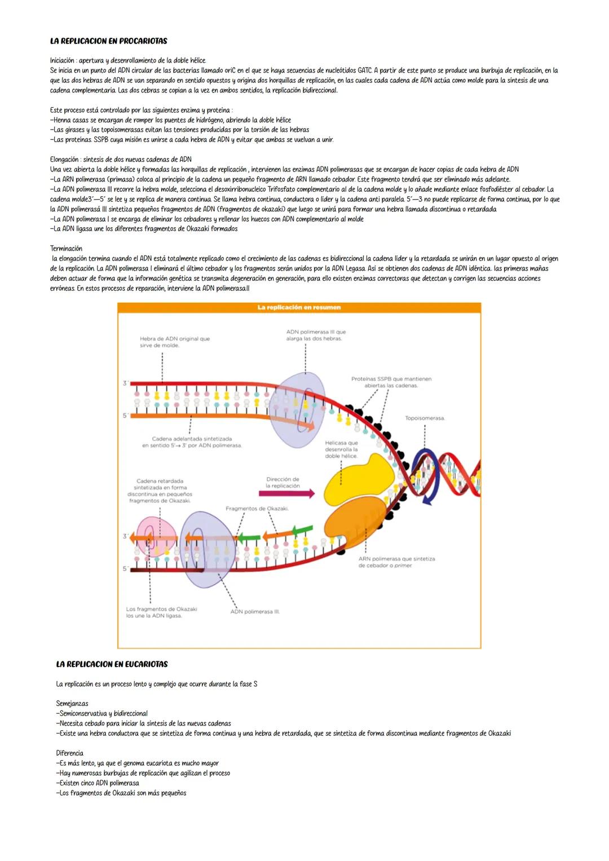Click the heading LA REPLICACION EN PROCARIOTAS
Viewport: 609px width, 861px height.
pos(108,41)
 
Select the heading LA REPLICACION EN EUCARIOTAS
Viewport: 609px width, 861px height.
pos(112,664)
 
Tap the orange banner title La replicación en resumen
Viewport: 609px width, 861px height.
pos(299,307)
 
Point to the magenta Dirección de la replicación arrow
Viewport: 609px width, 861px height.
pos(286,493)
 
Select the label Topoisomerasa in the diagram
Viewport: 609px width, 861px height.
pos(425,418)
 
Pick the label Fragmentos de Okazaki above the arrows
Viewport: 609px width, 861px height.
pos(257,509)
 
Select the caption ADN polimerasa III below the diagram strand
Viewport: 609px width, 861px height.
pos(255,612)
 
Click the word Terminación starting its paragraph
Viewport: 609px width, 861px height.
pos(66,249)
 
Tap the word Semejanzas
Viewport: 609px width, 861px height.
pos(72,704)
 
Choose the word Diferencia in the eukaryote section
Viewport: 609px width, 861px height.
pos(69,753)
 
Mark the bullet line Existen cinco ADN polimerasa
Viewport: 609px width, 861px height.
pos(99,783)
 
